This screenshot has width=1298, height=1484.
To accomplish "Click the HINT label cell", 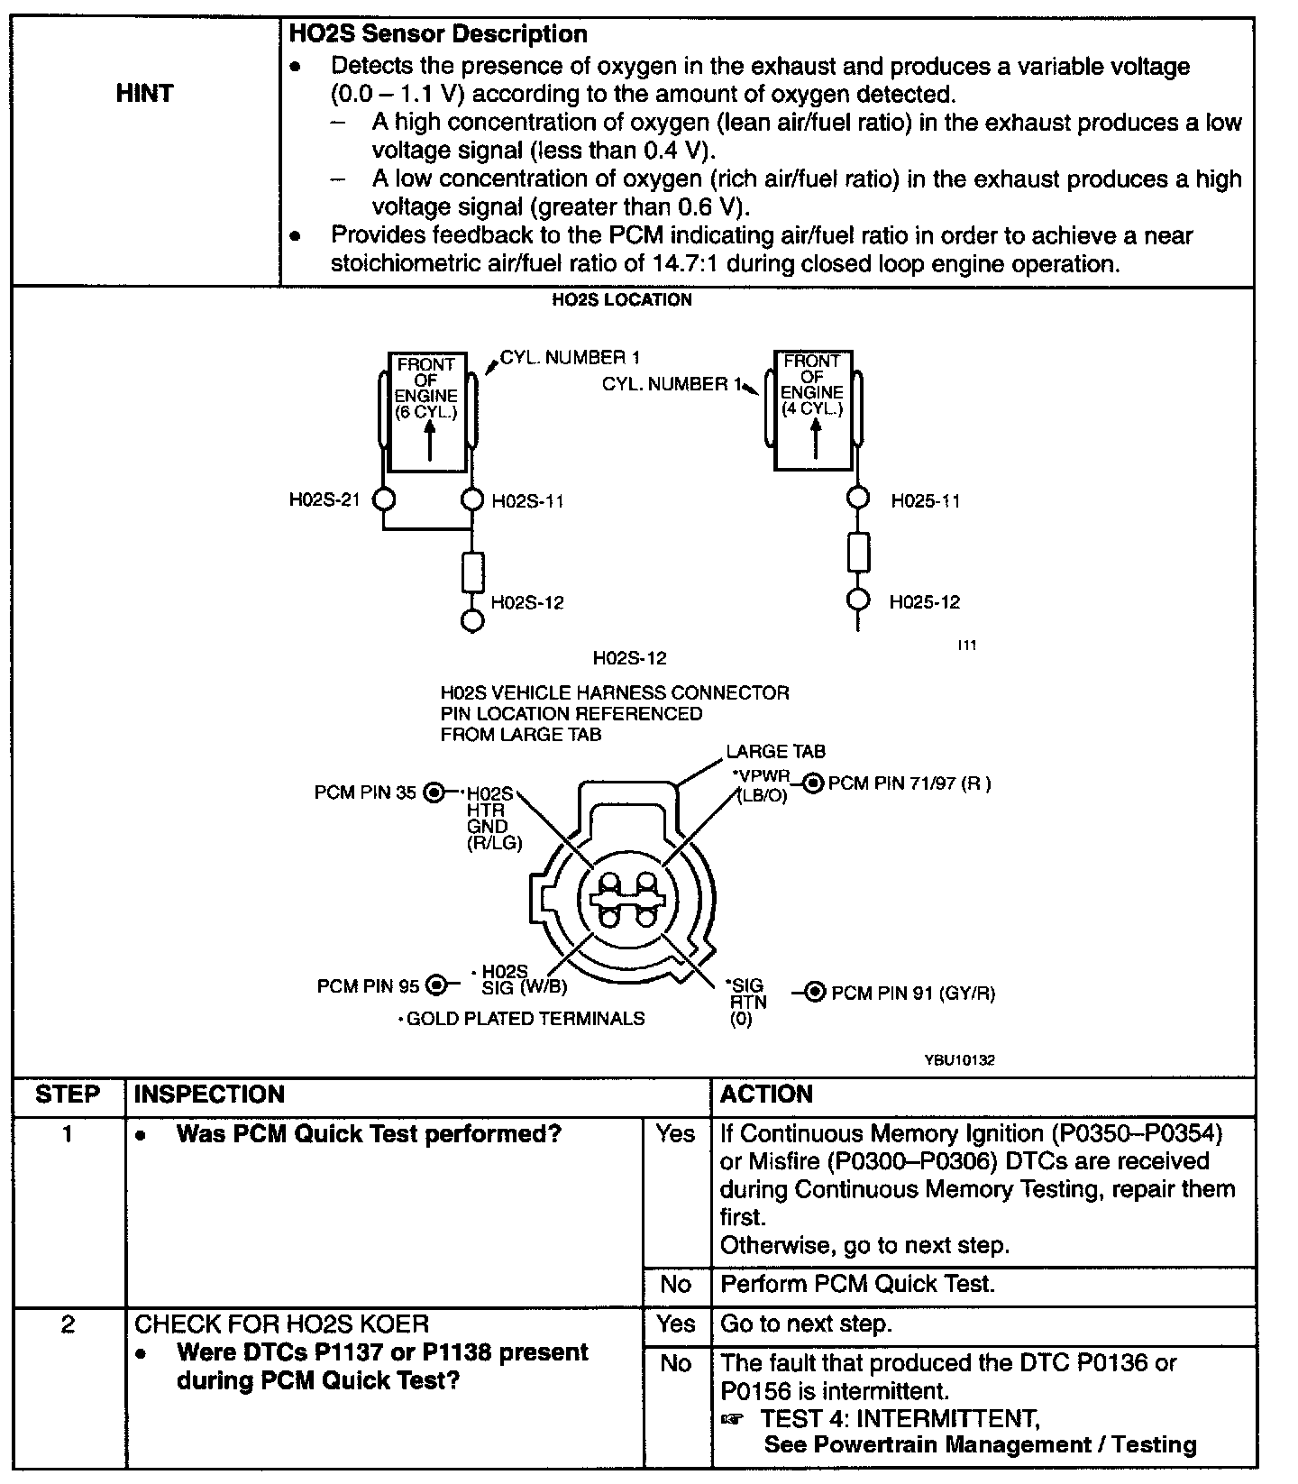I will [x=144, y=94].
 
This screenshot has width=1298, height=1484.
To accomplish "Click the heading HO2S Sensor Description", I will [x=438, y=35].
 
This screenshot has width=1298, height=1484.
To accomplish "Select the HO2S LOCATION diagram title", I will [x=622, y=300].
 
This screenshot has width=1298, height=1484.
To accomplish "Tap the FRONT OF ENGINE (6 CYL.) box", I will [x=427, y=410].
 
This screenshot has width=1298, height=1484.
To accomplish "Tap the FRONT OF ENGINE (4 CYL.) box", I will [x=813, y=410].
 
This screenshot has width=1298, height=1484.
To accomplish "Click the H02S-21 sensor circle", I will [x=384, y=499].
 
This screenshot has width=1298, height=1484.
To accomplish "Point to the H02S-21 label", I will [x=324, y=500].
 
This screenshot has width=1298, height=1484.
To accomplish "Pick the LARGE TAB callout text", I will [x=775, y=752].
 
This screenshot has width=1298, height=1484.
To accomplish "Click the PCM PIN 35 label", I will [x=365, y=792].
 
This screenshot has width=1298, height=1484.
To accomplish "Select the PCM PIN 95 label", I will [x=368, y=986].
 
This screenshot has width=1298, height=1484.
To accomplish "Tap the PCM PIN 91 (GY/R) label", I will [x=912, y=994].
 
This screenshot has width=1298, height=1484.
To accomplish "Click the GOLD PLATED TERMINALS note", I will [x=522, y=1019].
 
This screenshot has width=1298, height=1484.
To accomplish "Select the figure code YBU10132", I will [x=959, y=1060].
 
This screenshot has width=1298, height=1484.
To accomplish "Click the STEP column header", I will [x=68, y=1095].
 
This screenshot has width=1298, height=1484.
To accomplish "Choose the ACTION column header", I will [x=766, y=1095].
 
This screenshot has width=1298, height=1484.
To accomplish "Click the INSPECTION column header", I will [x=209, y=1095].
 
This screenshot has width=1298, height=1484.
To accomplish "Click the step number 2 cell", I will [x=68, y=1325].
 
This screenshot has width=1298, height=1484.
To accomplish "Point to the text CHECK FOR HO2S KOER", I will [x=281, y=1324].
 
